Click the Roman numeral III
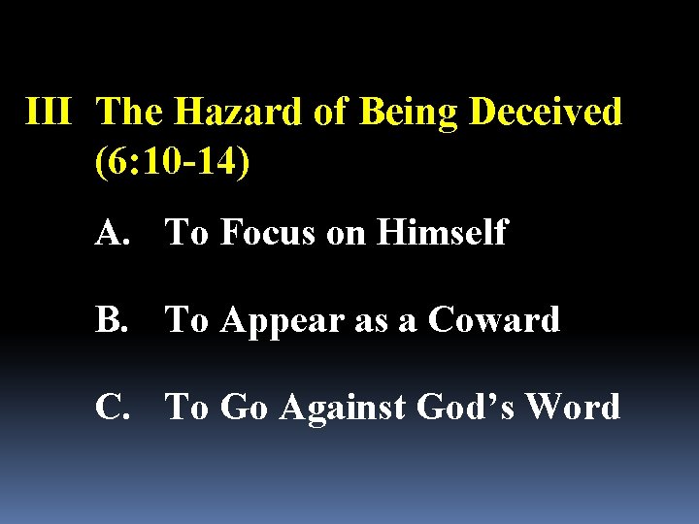click(48, 113)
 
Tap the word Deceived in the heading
click(546, 113)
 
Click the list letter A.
click(113, 233)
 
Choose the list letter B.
click(112, 319)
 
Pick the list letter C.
click(113, 407)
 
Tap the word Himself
click(444, 233)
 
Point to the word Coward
click(494, 319)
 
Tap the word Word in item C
click(573, 407)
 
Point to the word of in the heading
click(331, 113)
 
